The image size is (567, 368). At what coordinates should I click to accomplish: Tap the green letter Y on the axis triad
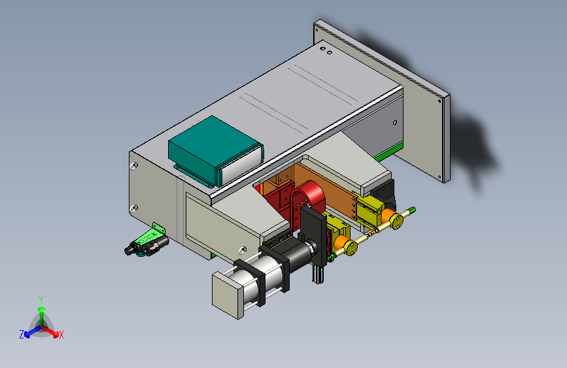[41, 299]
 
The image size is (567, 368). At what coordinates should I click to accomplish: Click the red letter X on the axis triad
[61, 335]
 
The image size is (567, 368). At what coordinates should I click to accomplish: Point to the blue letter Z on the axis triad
[22, 335]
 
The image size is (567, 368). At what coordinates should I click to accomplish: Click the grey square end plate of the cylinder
[227, 295]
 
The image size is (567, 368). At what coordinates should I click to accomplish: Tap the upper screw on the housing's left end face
[134, 166]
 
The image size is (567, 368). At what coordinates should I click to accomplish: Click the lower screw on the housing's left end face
[133, 208]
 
